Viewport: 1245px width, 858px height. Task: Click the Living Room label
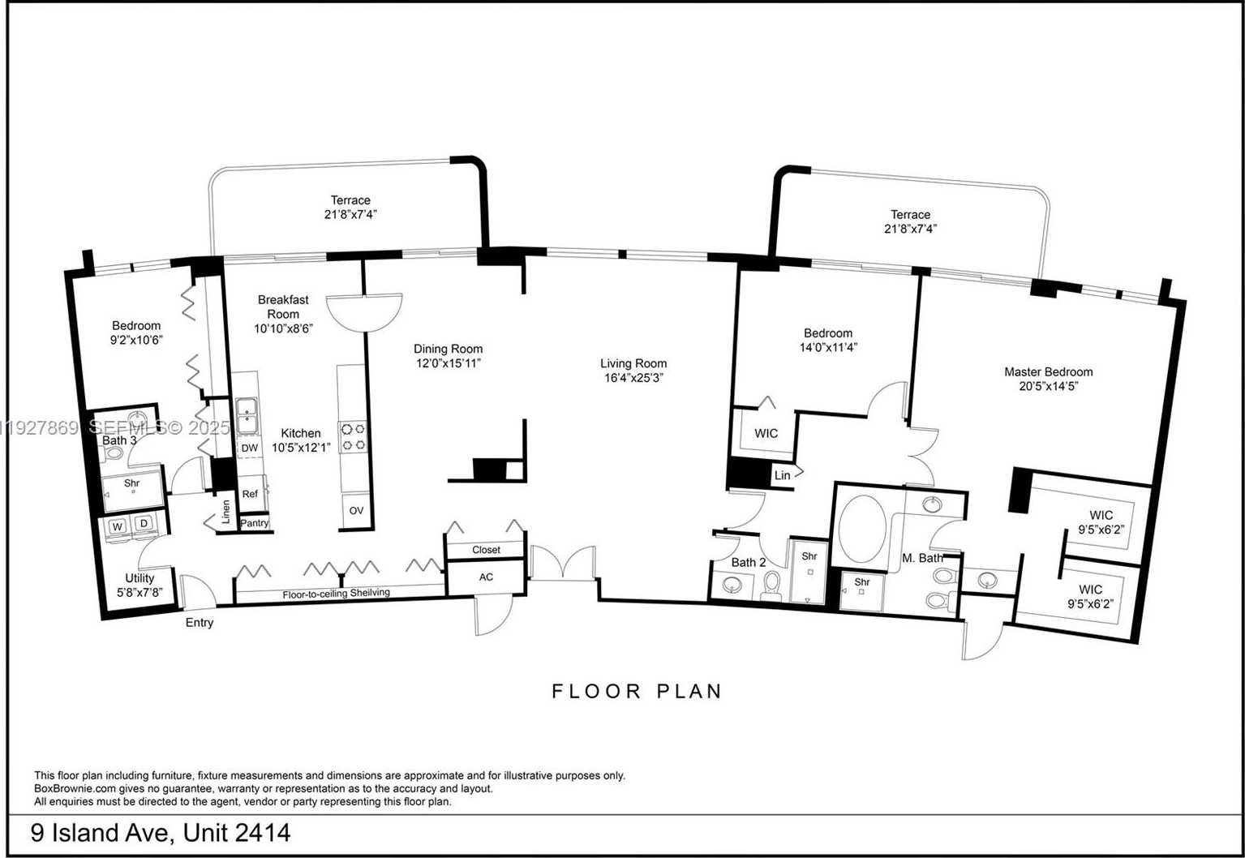[x=633, y=363]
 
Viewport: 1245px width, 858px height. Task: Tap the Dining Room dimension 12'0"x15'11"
[x=448, y=363]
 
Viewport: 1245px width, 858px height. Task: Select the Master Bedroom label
[x=1048, y=371]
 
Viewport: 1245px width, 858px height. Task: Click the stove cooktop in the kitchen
[x=353, y=436]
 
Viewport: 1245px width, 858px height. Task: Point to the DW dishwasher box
[x=249, y=448]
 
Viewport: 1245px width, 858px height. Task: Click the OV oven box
[x=356, y=510]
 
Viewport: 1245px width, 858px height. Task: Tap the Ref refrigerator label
[x=250, y=493]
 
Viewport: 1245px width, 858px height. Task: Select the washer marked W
[x=118, y=526]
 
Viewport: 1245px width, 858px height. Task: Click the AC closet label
[x=486, y=577]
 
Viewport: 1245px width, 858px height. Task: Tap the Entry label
[x=200, y=623]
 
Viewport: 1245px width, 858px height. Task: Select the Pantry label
[x=255, y=523]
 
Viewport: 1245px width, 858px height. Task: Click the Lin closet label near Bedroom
[x=782, y=475]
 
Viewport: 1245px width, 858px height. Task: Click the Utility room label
[x=140, y=578]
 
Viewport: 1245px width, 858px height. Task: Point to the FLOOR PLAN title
[x=637, y=691]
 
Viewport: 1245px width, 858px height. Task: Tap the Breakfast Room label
[x=283, y=307]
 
